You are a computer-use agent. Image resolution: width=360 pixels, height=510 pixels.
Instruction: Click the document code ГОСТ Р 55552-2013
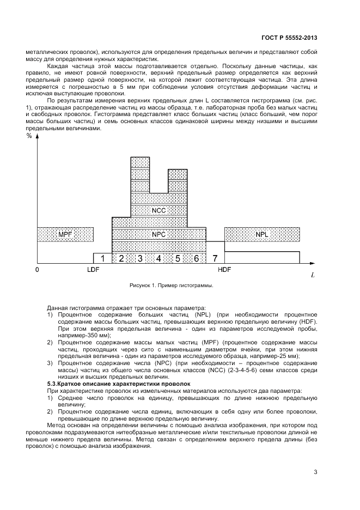point(287,39)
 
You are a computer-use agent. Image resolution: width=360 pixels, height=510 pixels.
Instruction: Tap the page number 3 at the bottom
point(315,472)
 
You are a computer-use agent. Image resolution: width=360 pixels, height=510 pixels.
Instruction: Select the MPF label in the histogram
point(65,234)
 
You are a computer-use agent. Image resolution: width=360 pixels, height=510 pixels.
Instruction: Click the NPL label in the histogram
point(261,234)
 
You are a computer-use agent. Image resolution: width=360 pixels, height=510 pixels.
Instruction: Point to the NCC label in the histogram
point(159,210)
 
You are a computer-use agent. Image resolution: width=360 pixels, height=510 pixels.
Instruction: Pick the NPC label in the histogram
point(159,234)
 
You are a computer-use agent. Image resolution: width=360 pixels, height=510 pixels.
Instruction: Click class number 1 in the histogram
point(102,258)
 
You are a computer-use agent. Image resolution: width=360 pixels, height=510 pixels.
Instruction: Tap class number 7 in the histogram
point(215,258)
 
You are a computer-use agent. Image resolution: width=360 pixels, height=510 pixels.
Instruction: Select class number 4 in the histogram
point(158,258)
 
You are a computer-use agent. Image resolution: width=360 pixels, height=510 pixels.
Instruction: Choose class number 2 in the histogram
point(121,258)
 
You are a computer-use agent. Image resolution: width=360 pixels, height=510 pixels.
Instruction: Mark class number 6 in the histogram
point(196,258)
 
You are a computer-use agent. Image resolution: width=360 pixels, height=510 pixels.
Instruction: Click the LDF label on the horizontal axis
point(93,269)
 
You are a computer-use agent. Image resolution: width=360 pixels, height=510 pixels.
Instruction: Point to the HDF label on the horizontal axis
point(224,269)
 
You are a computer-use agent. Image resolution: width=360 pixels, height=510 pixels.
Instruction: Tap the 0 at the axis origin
point(37,269)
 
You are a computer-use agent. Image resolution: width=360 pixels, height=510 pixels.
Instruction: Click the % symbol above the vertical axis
point(29,136)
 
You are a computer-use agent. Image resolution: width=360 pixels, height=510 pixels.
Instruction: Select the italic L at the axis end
point(313,275)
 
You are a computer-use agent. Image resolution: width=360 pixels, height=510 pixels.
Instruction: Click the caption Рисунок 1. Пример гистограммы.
point(170,285)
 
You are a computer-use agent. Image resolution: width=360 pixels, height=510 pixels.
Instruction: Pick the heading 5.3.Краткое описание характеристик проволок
point(105,385)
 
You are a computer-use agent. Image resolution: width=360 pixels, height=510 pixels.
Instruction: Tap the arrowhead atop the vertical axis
point(37,138)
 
